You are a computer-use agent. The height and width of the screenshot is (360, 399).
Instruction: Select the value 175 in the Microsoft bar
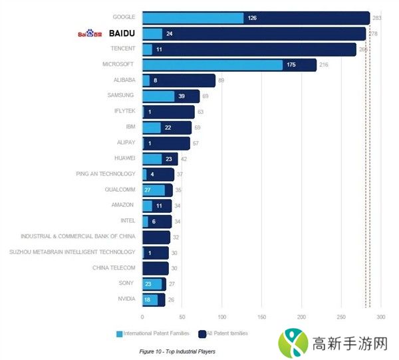tap(291, 65)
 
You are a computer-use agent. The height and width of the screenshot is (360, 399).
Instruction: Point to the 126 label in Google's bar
tap(252, 18)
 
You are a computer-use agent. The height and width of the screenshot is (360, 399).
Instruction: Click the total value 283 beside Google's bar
tap(376, 18)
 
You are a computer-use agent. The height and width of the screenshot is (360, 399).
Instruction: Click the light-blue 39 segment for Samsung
tap(158, 96)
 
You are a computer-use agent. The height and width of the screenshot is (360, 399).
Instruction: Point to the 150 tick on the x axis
tap(261, 317)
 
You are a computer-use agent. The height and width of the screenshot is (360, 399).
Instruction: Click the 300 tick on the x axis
tap(380, 317)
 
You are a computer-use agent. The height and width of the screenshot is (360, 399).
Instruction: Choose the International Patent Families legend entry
tap(152, 333)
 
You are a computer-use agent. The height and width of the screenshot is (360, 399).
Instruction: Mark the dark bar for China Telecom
tap(156, 268)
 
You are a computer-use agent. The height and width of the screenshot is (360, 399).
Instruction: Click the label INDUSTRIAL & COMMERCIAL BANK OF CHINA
tap(78, 236)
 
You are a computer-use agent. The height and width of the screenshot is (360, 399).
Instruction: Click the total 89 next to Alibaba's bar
tap(221, 81)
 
